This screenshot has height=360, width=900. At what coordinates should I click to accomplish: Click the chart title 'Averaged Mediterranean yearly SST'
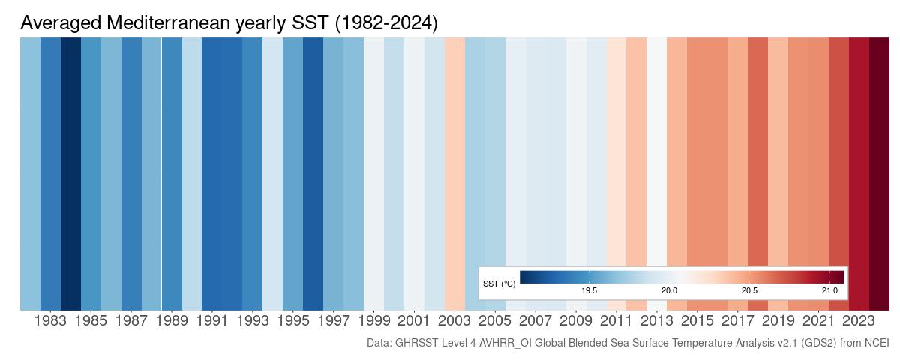click(229, 23)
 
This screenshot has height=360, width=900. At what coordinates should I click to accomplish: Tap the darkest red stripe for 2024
click(879, 150)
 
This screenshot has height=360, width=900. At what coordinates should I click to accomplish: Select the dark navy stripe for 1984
click(70, 150)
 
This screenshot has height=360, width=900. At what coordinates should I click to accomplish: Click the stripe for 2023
click(859, 150)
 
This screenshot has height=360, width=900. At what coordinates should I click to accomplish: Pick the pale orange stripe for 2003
click(454, 150)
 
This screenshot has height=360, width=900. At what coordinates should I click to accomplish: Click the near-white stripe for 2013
click(656, 150)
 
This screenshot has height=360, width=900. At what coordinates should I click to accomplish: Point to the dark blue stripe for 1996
click(313, 150)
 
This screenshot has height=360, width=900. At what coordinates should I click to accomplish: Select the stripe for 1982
click(30, 150)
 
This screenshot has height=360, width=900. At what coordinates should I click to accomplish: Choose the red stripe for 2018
click(757, 150)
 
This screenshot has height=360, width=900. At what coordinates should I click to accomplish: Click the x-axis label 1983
click(50, 321)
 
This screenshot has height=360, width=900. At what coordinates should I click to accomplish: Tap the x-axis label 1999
click(373, 321)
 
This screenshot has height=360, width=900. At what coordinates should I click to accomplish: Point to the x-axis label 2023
click(859, 321)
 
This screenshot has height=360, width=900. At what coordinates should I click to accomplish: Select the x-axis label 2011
click(616, 321)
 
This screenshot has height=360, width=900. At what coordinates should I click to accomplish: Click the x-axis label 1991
click(212, 321)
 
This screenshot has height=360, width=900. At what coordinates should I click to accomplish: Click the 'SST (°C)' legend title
click(499, 283)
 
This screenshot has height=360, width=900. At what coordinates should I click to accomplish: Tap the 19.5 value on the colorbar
click(589, 290)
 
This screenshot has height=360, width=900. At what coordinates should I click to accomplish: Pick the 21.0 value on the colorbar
click(829, 290)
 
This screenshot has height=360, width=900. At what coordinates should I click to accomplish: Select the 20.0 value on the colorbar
click(669, 290)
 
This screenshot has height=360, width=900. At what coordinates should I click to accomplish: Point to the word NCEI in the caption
click(875, 343)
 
